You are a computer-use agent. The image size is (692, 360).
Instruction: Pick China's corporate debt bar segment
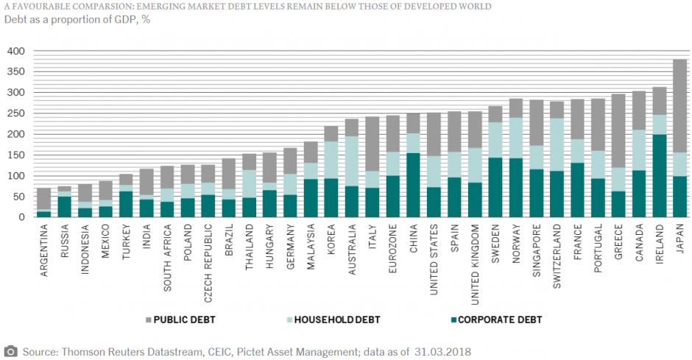point(414,185)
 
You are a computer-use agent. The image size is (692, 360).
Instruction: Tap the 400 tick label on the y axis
point(15,52)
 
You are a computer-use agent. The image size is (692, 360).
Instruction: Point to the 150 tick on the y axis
point(15,155)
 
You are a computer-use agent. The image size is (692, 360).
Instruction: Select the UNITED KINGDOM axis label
point(475,261)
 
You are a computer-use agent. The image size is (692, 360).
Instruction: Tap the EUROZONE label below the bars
point(393,250)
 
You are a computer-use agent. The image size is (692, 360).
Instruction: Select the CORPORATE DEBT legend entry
point(498,320)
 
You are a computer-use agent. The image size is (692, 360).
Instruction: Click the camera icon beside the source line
point(11,350)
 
